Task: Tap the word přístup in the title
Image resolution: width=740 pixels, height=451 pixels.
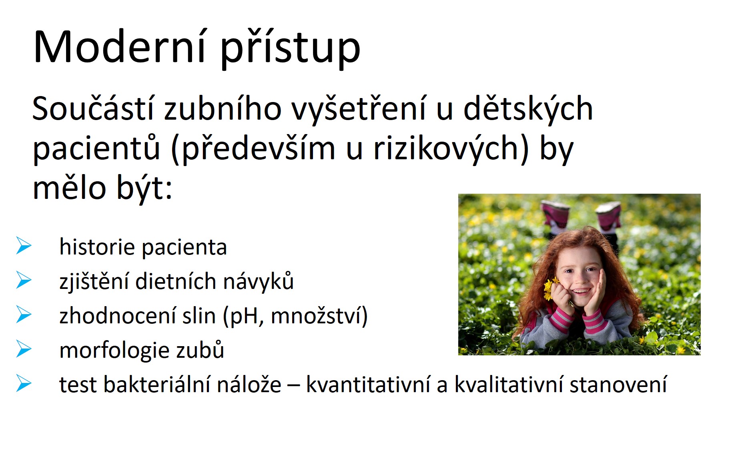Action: pos(290,49)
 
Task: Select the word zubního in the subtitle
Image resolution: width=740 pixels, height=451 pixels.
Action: pos(223,108)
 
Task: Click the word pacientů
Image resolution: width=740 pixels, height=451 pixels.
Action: pos(96,148)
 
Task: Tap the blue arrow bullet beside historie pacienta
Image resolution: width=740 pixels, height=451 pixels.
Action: pos(24,246)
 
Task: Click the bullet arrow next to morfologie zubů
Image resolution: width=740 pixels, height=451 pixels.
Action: pos(24,349)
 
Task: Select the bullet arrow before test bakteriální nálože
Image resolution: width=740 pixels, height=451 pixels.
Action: pos(24,384)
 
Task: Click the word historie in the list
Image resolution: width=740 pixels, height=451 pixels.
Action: pos(96,247)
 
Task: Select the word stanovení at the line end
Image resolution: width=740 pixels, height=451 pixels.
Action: pos(618,385)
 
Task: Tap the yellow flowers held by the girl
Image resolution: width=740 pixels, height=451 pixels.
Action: pos(549,288)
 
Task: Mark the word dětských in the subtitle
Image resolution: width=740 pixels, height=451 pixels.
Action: pos(528,108)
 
